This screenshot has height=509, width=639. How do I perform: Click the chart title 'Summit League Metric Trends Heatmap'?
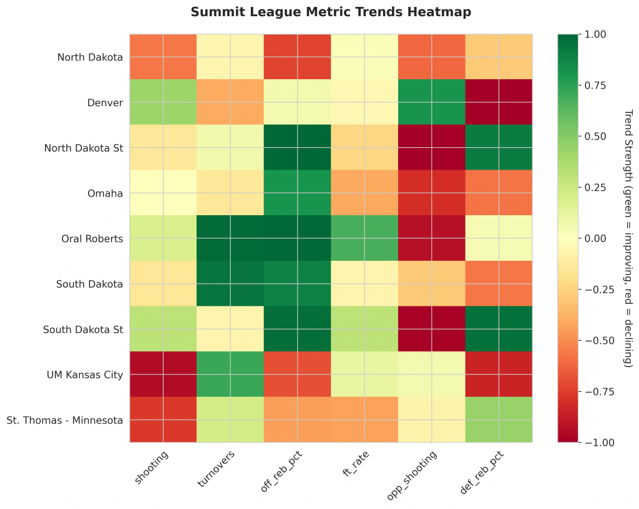pyautogui.click(x=331, y=12)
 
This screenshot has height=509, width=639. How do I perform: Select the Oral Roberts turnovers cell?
pyautogui.click(x=231, y=238)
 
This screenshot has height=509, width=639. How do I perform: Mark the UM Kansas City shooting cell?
pyautogui.click(x=163, y=374)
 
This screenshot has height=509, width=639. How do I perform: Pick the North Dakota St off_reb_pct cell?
pyautogui.click(x=298, y=148)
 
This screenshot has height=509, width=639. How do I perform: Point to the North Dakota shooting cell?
pyautogui.click(x=163, y=57)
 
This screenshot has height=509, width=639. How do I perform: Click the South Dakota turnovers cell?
pyautogui.click(x=231, y=284)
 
